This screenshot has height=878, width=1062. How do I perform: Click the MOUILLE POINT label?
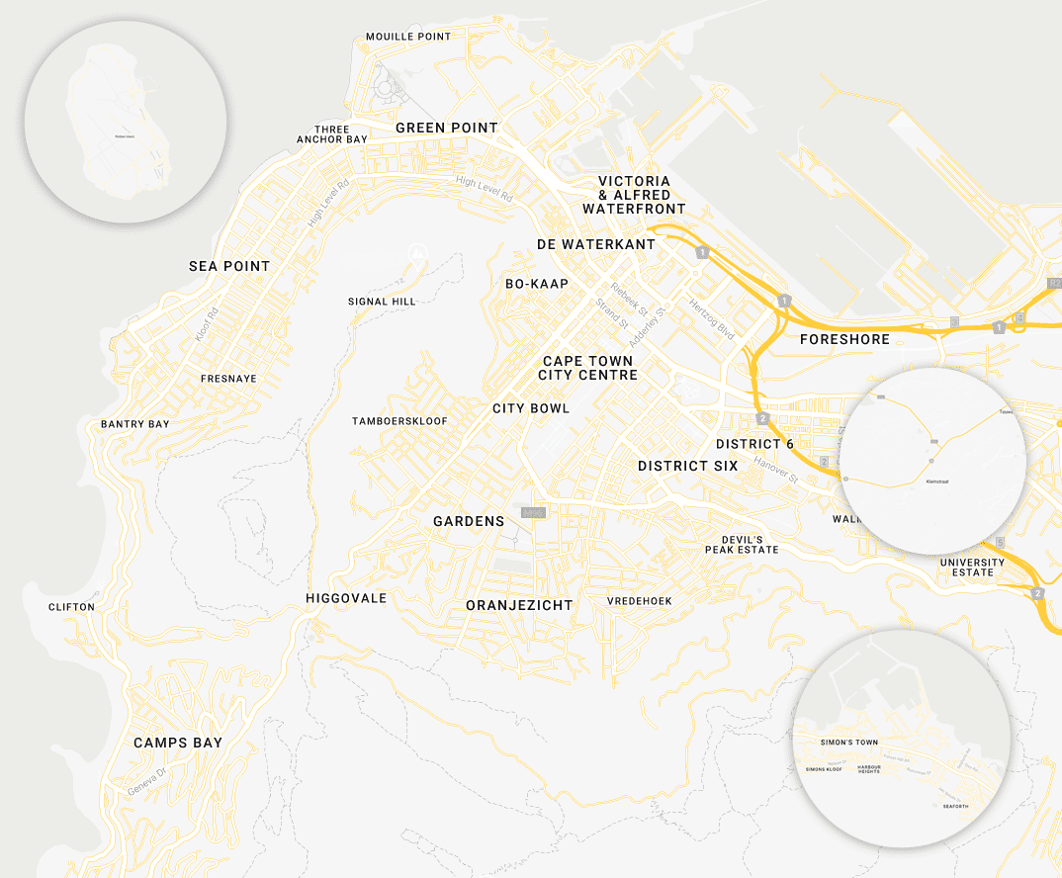tap(407, 37)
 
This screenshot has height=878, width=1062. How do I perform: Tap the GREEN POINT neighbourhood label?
tap(447, 128)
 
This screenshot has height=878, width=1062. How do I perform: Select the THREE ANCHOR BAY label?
tap(332, 134)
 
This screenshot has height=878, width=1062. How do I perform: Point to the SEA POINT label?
tap(229, 266)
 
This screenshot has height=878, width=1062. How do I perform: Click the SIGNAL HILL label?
tap(382, 302)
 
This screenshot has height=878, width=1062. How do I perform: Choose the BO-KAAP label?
tap(537, 284)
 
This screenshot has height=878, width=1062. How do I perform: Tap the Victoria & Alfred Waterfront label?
tap(634, 195)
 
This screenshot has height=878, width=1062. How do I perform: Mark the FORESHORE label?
tap(844, 339)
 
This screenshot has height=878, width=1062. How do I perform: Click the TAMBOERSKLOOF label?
tap(399, 421)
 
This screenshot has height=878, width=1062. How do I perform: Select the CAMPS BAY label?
tap(178, 743)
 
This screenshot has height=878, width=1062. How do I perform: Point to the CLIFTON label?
tap(71, 607)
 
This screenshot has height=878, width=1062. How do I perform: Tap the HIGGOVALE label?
tap(346, 598)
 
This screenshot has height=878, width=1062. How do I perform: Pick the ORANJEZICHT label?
tap(519, 605)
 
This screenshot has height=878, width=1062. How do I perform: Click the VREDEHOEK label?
tap(640, 601)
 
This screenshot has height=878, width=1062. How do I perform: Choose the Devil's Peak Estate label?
tap(742, 544)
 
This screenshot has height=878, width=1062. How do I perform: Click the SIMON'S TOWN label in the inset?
tap(848, 742)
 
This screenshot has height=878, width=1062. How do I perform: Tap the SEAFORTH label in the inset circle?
tap(955, 807)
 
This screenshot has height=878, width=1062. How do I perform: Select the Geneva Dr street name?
tap(148, 784)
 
